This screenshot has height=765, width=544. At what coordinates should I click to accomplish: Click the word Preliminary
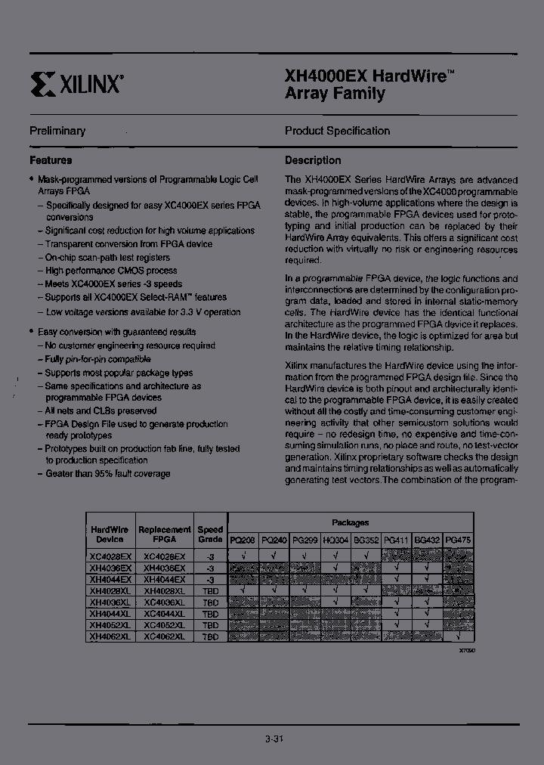coord(57,131)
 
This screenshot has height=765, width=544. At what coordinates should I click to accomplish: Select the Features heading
coord(51,160)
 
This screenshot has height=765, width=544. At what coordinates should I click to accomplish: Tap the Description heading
coord(313,160)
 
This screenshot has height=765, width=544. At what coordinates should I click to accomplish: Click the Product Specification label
coord(337,131)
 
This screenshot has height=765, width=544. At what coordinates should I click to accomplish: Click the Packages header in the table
coord(350,522)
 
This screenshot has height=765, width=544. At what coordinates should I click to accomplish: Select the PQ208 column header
coord(243,540)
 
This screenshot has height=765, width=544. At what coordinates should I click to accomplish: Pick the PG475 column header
coord(459,540)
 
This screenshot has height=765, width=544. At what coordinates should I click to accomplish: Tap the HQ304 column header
coord(335,540)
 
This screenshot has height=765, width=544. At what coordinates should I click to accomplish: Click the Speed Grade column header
coord(210,534)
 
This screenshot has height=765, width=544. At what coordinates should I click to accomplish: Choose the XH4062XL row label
coord(110,637)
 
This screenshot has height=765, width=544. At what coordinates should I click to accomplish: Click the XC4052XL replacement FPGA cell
coord(164,626)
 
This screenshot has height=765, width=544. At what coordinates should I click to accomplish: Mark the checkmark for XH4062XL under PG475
coord(459,637)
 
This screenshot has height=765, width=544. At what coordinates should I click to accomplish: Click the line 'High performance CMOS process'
coord(100,271)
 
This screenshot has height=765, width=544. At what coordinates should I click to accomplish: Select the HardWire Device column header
coord(110,534)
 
